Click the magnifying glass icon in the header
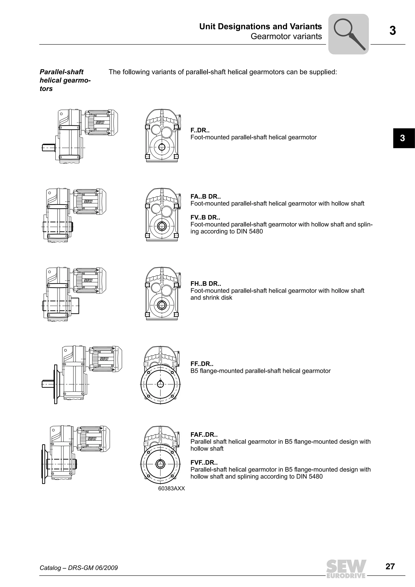click(x=348, y=34)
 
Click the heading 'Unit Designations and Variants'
click(x=260, y=27)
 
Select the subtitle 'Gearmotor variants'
click(x=286, y=36)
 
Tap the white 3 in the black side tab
click(x=402, y=138)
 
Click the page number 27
click(x=390, y=566)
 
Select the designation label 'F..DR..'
click(x=200, y=130)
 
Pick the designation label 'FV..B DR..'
click(x=205, y=218)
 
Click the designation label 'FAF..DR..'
click(x=204, y=435)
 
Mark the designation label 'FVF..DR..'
click(x=204, y=463)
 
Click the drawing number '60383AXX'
click(x=171, y=489)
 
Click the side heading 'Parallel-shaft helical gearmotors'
click(x=65, y=80)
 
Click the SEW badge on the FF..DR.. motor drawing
click(x=104, y=359)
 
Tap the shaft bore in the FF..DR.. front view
click(x=160, y=384)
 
